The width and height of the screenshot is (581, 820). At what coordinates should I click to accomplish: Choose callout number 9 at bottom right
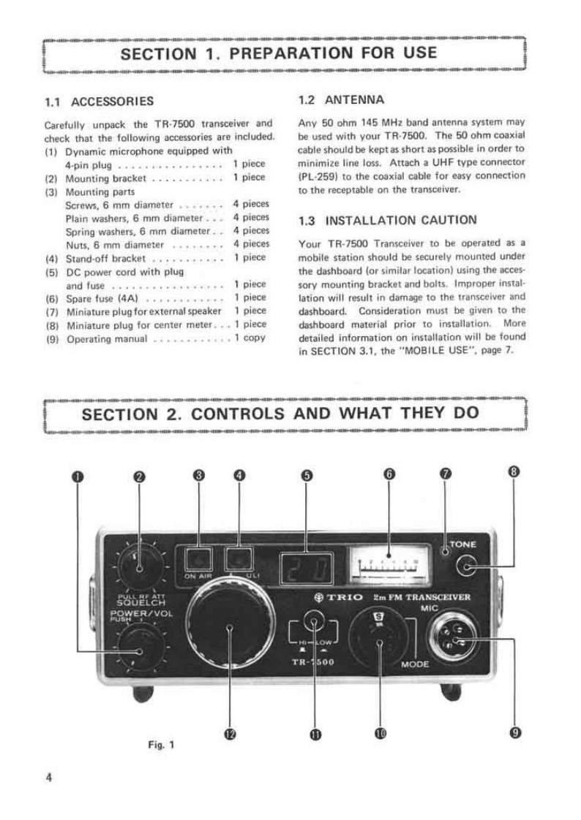click(515, 733)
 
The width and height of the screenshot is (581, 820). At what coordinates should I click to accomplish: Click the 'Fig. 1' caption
click(160, 746)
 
